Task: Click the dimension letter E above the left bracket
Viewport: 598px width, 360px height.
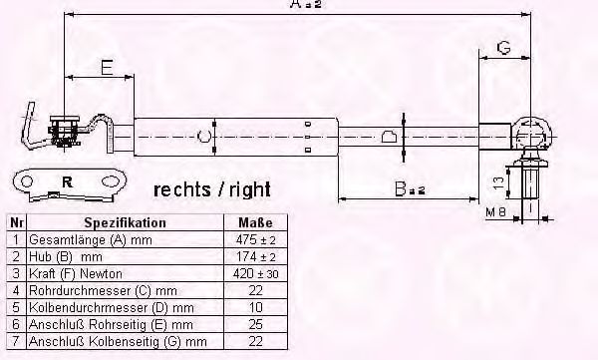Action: [108, 67]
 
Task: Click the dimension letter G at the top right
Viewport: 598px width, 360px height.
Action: [503, 48]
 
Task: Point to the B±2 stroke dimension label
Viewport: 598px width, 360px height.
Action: [410, 188]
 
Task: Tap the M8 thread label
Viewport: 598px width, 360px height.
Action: [495, 211]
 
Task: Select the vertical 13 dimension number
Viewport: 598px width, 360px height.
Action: [498, 183]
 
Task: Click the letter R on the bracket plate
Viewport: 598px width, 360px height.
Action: [67, 182]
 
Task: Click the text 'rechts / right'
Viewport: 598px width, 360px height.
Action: [212, 189]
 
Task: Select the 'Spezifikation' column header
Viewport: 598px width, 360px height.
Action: [126, 222]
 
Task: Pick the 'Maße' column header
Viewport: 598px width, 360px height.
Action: [255, 222]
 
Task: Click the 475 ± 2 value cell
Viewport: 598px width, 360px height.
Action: [255, 239]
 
